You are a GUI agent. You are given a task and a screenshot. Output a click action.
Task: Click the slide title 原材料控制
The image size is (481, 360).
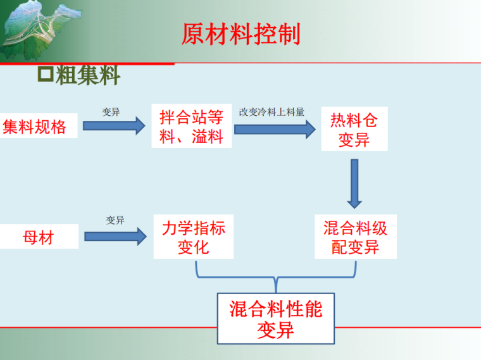point(240,34)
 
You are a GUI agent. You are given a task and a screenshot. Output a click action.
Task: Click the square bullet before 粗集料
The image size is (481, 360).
point(46,75)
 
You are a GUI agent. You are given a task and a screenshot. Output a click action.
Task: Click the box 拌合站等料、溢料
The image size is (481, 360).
point(191,127)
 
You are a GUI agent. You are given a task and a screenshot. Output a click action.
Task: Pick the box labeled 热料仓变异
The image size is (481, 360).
point(354,130)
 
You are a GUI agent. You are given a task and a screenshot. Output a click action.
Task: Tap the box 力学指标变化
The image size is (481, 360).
point(193,237)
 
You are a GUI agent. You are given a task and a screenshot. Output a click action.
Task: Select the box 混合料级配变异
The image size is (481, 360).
point(355,237)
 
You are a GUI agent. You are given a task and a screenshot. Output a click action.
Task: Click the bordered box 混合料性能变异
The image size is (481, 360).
point(275,318)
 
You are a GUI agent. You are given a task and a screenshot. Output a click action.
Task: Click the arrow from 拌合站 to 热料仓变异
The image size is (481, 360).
point(274,129)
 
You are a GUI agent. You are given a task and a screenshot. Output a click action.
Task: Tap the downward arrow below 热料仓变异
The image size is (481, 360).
point(354,183)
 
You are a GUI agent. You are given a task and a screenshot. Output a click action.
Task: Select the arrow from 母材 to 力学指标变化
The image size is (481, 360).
point(115,237)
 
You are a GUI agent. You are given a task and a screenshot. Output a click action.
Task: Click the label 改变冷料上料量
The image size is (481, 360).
point(272,112)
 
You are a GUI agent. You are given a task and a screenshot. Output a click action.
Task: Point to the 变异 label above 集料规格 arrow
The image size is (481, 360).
point(111,112)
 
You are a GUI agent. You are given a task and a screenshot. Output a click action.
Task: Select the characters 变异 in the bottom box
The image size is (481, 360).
point(275,330)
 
